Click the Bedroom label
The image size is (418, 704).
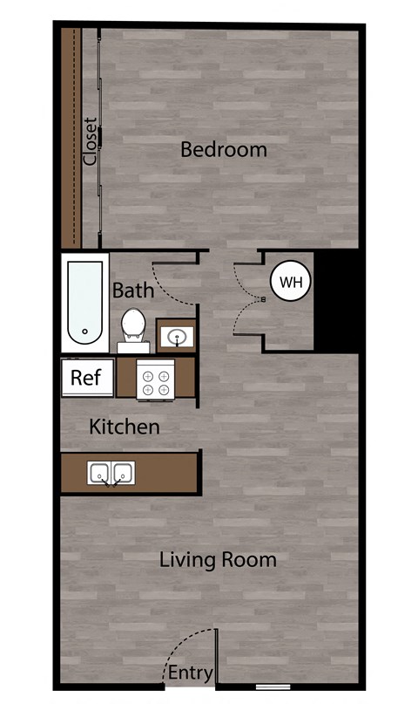point(223,149)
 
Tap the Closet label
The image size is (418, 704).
point(89,141)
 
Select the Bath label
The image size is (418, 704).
point(132,290)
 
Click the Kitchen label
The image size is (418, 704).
point(125,427)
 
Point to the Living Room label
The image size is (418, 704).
point(218,559)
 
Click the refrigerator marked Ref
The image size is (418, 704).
point(86,378)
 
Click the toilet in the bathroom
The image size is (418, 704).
point(133,325)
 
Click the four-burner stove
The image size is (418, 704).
point(156,380)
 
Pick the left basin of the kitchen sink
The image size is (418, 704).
point(98,473)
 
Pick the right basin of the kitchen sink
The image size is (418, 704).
point(122,473)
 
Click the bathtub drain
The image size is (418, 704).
point(84,331)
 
